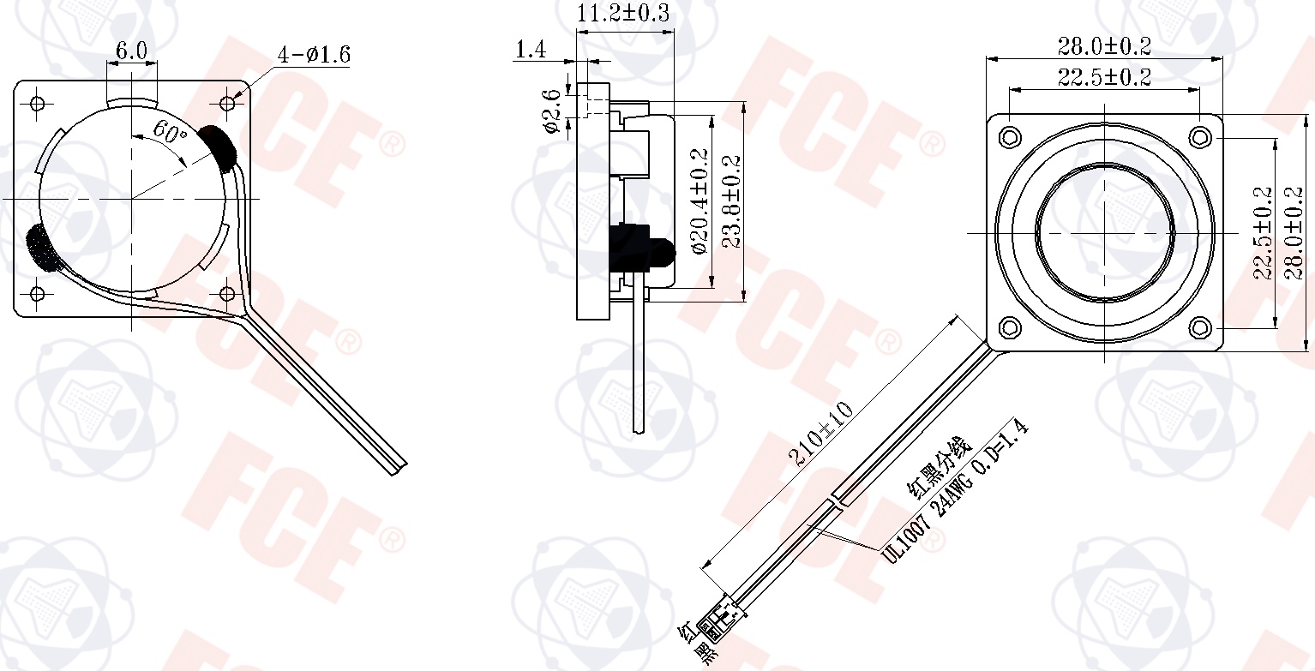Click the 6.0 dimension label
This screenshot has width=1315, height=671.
[131, 51]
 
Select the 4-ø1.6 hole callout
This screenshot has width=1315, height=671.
[314, 55]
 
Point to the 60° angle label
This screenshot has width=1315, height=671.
[170, 133]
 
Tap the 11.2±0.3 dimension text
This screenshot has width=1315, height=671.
[623, 13]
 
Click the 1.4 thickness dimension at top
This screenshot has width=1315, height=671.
[531, 50]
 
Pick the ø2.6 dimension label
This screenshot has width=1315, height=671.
[552, 111]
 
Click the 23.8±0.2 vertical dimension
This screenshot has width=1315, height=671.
[731, 201]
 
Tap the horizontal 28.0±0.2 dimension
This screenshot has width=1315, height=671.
[1104, 45]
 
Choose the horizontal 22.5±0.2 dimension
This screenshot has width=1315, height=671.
[1104, 77]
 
